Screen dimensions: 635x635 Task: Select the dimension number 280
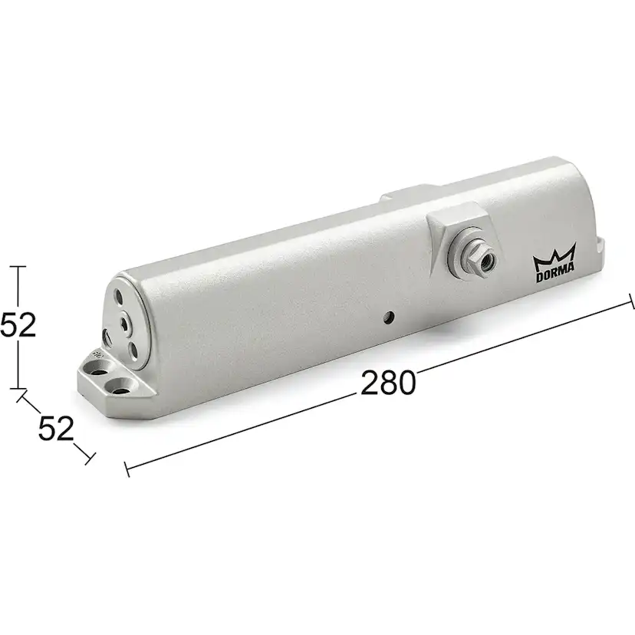pyautogui.click(x=388, y=381)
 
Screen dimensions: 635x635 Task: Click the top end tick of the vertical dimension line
pyautogui.click(x=18, y=266)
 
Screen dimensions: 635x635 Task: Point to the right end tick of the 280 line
pyautogui.click(x=631, y=301)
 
